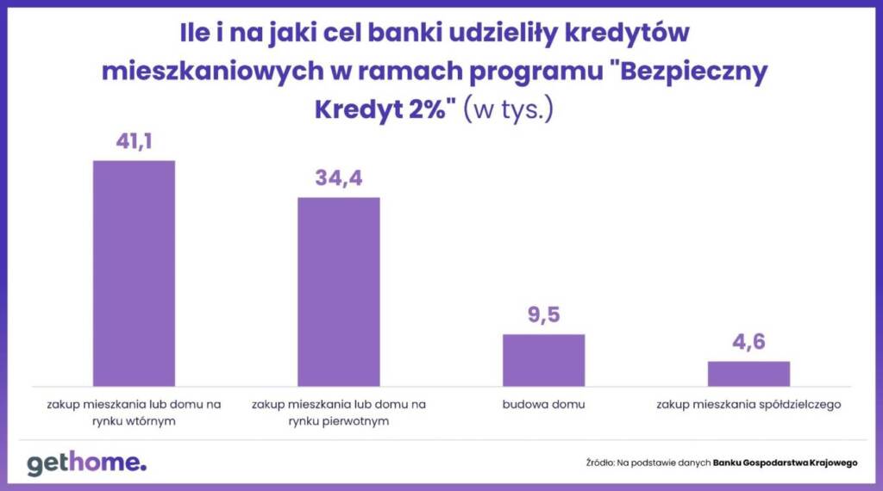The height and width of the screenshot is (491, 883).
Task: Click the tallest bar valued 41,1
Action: (134, 273)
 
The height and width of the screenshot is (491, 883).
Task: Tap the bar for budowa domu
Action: (543, 359)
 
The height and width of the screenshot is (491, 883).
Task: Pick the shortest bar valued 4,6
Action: (748, 373)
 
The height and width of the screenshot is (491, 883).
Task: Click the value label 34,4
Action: (338, 179)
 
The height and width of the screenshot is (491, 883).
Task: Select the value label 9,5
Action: (543, 315)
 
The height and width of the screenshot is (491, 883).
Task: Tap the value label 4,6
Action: (748, 343)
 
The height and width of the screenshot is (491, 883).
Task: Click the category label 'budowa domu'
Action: (543, 403)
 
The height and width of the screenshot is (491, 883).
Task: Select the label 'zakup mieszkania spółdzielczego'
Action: (748, 403)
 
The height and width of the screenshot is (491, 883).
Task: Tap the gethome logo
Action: (86, 463)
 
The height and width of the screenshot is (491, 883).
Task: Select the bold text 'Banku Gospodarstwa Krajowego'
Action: (785, 463)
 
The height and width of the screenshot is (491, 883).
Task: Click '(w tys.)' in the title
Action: (509, 110)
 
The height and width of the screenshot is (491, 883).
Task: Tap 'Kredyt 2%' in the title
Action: (384, 110)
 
